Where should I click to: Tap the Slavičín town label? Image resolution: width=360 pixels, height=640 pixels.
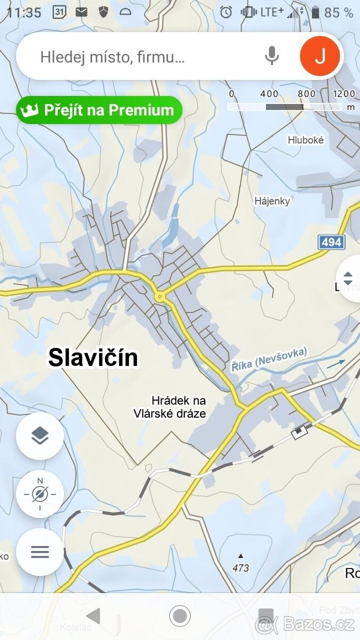point(93,357)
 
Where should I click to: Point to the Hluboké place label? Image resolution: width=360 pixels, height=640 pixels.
point(306,140)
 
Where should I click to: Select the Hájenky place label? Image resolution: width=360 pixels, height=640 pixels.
point(272,201)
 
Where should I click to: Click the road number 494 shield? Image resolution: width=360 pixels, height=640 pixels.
point(331,242)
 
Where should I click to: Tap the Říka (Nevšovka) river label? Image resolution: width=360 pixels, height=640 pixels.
point(269,359)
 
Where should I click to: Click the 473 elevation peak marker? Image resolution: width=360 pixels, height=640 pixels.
point(241,564)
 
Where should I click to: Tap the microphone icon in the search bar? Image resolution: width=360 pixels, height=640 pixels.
point(272,55)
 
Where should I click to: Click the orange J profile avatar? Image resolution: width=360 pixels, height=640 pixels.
point(319,55)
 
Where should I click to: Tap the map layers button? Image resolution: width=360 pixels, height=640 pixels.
point(40,436)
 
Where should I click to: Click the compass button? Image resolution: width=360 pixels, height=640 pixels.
point(40,494)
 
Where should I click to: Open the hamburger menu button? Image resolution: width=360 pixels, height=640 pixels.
point(40,551)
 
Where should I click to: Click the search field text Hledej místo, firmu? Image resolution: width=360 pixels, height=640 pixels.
point(113,57)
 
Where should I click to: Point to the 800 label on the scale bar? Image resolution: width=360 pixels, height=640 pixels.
point(307,94)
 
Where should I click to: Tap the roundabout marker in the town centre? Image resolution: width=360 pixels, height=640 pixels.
point(159,296)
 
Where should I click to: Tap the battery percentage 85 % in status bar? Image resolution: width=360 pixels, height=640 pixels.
point(339,12)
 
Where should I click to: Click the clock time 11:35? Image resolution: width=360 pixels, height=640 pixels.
point(24,12)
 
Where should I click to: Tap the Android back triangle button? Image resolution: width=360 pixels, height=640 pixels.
point(93,616)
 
